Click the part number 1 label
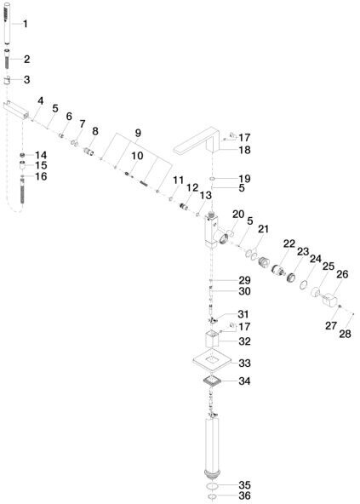tap(25, 24)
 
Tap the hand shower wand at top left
tap(8, 23)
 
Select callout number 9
tap(138, 133)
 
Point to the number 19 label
tap(244, 179)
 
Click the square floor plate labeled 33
tap(213, 361)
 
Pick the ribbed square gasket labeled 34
tap(213, 381)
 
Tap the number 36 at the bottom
tap(244, 495)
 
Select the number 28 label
tap(345, 334)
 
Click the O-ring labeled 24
tap(304, 285)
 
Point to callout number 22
tap(289, 244)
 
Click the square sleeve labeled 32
tap(212, 339)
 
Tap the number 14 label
tap(41, 155)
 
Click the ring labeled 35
tap(213, 485)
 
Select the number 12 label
tap(192, 187)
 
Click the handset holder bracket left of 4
tap(16, 109)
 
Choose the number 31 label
tap(243, 314)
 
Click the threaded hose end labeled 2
tap(8, 61)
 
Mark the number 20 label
tap(238, 214)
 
